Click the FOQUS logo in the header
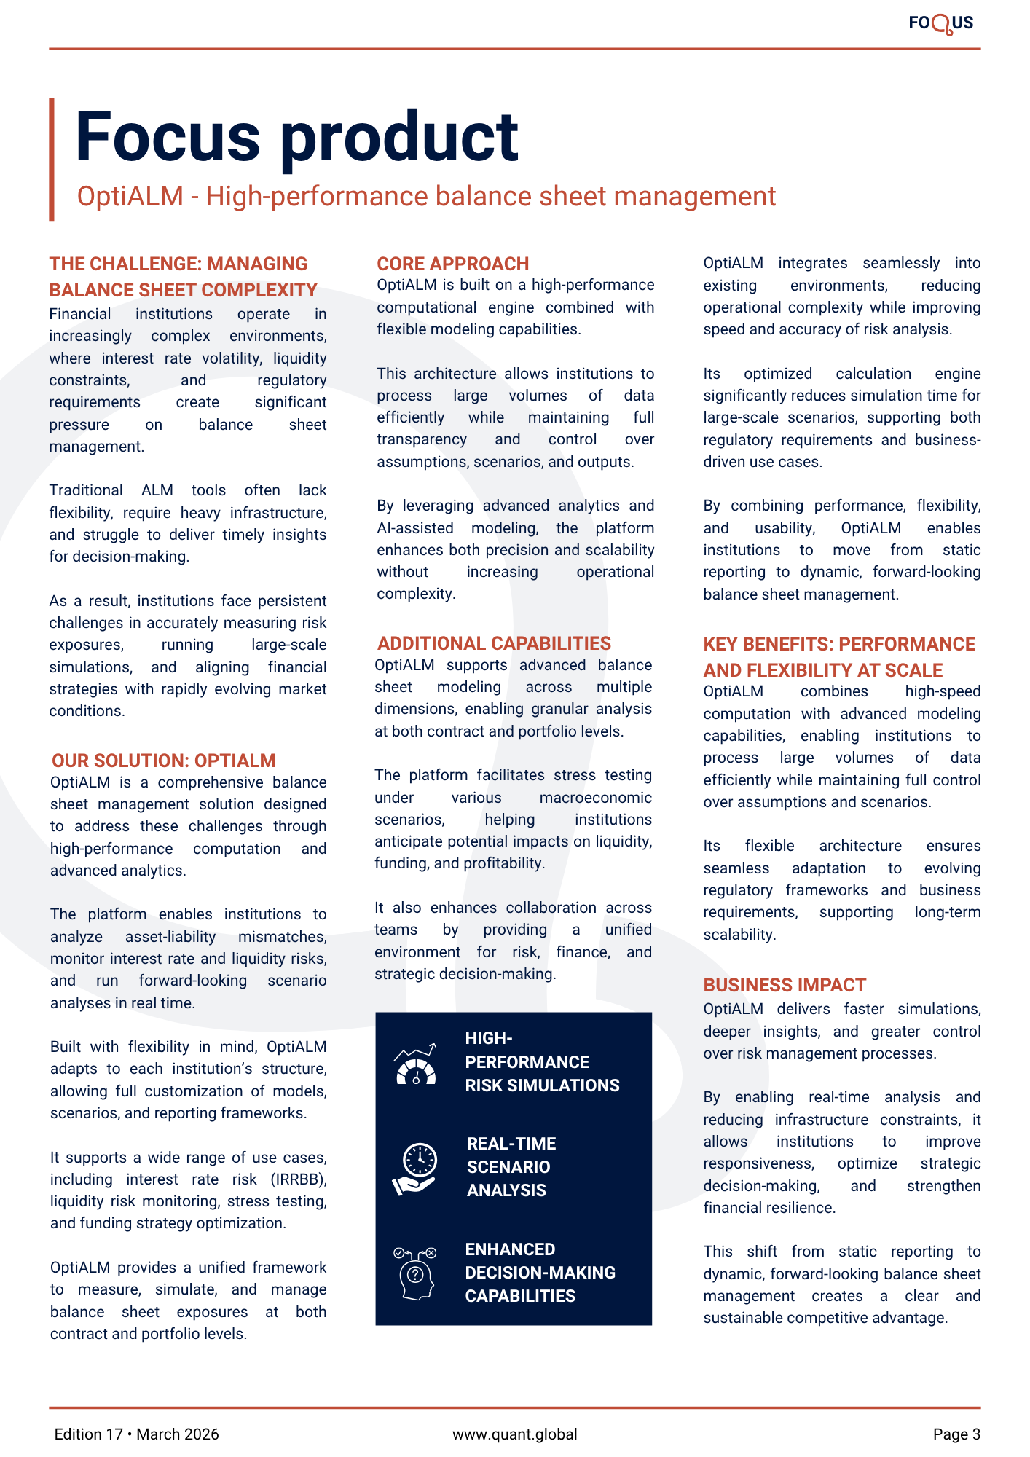click(940, 23)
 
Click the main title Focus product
click(296, 136)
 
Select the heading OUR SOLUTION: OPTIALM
click(164, 761)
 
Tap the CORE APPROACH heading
click(452, 264)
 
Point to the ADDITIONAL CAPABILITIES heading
click(494, 643)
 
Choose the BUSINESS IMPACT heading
click(785, 985)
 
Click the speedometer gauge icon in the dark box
click(415, 1065)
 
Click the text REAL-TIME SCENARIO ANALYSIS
click(511, 1166)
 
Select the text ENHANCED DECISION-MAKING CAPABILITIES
click(540, 1272)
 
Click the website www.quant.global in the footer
click(514, 1434)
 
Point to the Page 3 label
click(956, 1434)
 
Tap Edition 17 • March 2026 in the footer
click(137, 1434)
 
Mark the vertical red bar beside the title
click(52, 160)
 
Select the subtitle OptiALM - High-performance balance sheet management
click(426, 197)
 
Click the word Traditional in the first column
click(86, 490)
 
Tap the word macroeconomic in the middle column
click(595, 798)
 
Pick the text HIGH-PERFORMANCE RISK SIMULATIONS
click(542, 1061)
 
